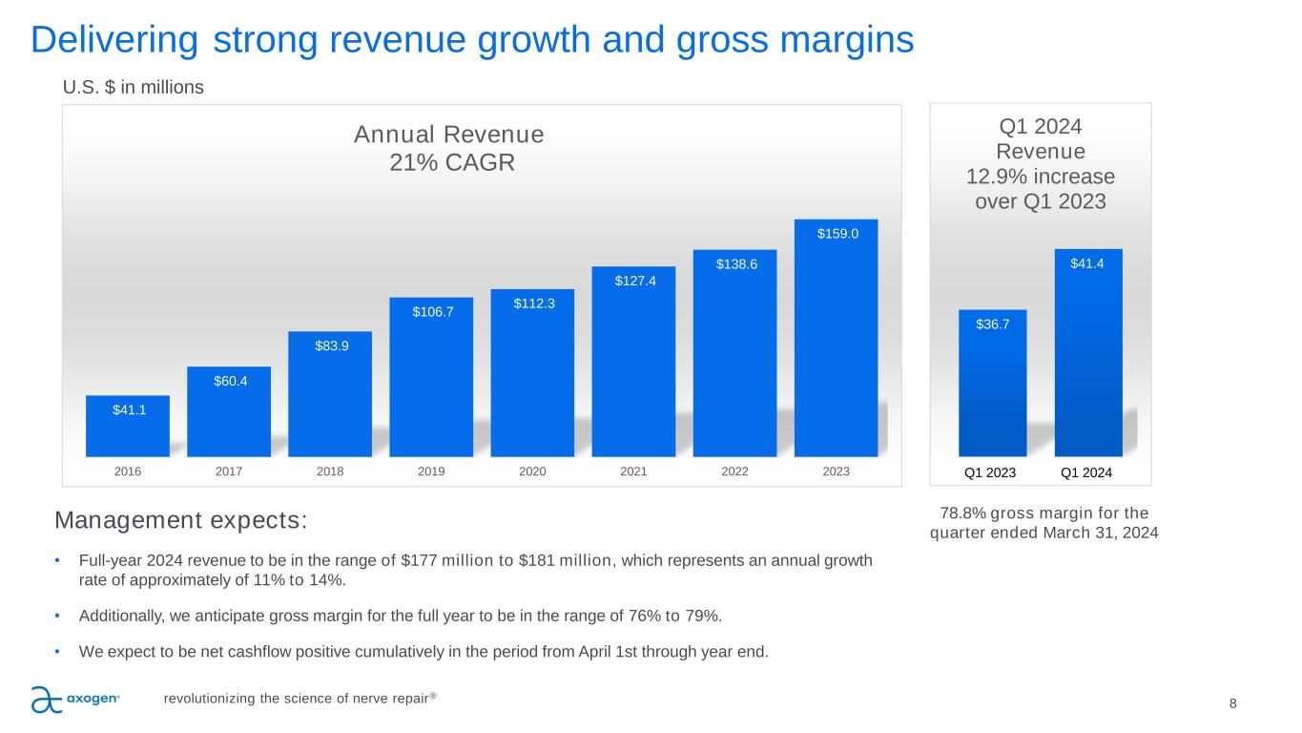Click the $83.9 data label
point(330,346)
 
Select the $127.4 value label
point(633,281)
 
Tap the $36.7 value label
point(992,325)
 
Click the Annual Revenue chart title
point(448,134)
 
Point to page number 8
point(1233,703)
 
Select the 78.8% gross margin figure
point(957,513)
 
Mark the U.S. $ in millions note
point(134,88)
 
